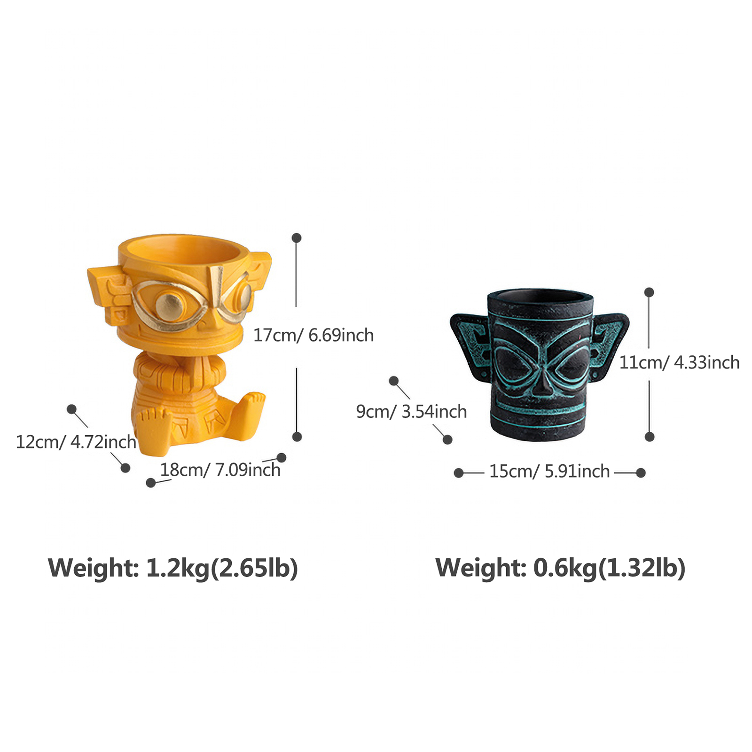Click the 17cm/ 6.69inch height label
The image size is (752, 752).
tap(313, 335)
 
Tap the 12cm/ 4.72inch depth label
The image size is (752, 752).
tap(76, 442)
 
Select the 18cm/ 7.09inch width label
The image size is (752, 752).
tap(220, 470)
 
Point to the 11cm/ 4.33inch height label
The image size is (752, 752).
tap(679, 362)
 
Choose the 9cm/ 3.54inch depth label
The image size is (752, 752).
tap(411, 411)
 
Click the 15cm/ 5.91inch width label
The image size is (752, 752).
tap(549, 471)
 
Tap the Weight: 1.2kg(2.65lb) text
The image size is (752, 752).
tap(173, 568)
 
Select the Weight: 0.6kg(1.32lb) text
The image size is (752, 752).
tap(560, 568)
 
